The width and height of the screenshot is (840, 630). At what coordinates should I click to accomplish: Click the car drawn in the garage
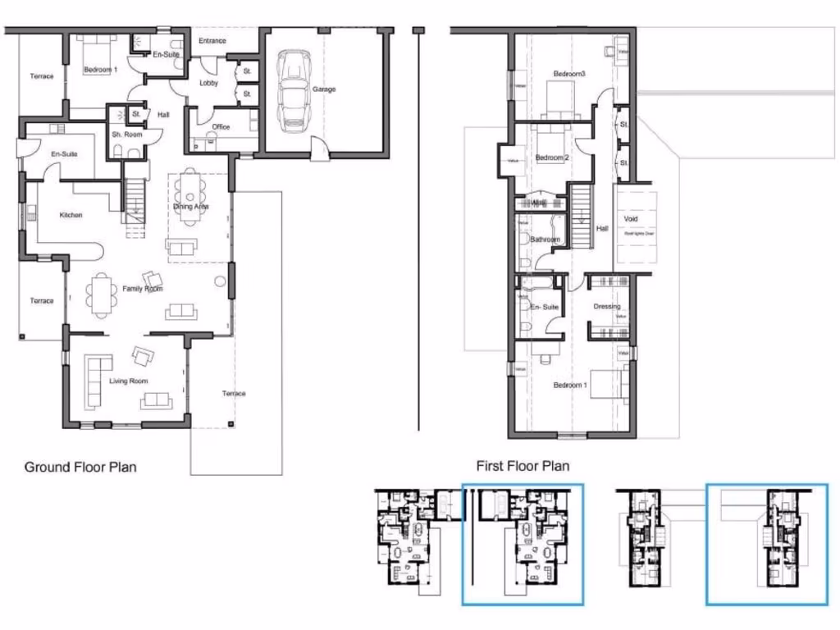293,90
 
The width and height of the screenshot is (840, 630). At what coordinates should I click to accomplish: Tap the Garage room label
324,89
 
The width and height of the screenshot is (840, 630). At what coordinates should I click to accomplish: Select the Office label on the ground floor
221,127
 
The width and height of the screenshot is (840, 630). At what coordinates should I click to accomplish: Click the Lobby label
208,83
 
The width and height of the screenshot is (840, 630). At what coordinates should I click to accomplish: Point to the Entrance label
212,41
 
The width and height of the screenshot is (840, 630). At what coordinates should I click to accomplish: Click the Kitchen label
71,215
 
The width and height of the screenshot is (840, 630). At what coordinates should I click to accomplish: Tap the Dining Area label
191,207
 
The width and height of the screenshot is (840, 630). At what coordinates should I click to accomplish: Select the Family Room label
143,289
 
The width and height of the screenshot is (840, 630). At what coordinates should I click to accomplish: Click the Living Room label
129,381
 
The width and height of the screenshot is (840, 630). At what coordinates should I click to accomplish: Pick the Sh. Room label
127,135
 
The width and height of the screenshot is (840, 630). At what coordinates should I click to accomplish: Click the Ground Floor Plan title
80,468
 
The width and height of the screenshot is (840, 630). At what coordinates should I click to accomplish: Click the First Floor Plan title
523,466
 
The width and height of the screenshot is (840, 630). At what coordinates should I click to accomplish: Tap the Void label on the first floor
631,220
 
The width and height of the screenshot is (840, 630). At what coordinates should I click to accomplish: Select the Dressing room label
607,307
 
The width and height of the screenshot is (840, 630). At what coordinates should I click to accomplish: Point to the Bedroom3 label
569,75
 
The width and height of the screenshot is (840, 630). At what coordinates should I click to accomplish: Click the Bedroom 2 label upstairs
552,157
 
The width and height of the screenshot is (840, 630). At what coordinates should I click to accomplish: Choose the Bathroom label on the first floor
545,240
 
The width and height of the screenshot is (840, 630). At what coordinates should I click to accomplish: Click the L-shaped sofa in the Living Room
94,380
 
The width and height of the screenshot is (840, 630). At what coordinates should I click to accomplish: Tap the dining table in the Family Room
102,294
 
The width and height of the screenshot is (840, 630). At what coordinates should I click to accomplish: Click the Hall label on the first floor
603,229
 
